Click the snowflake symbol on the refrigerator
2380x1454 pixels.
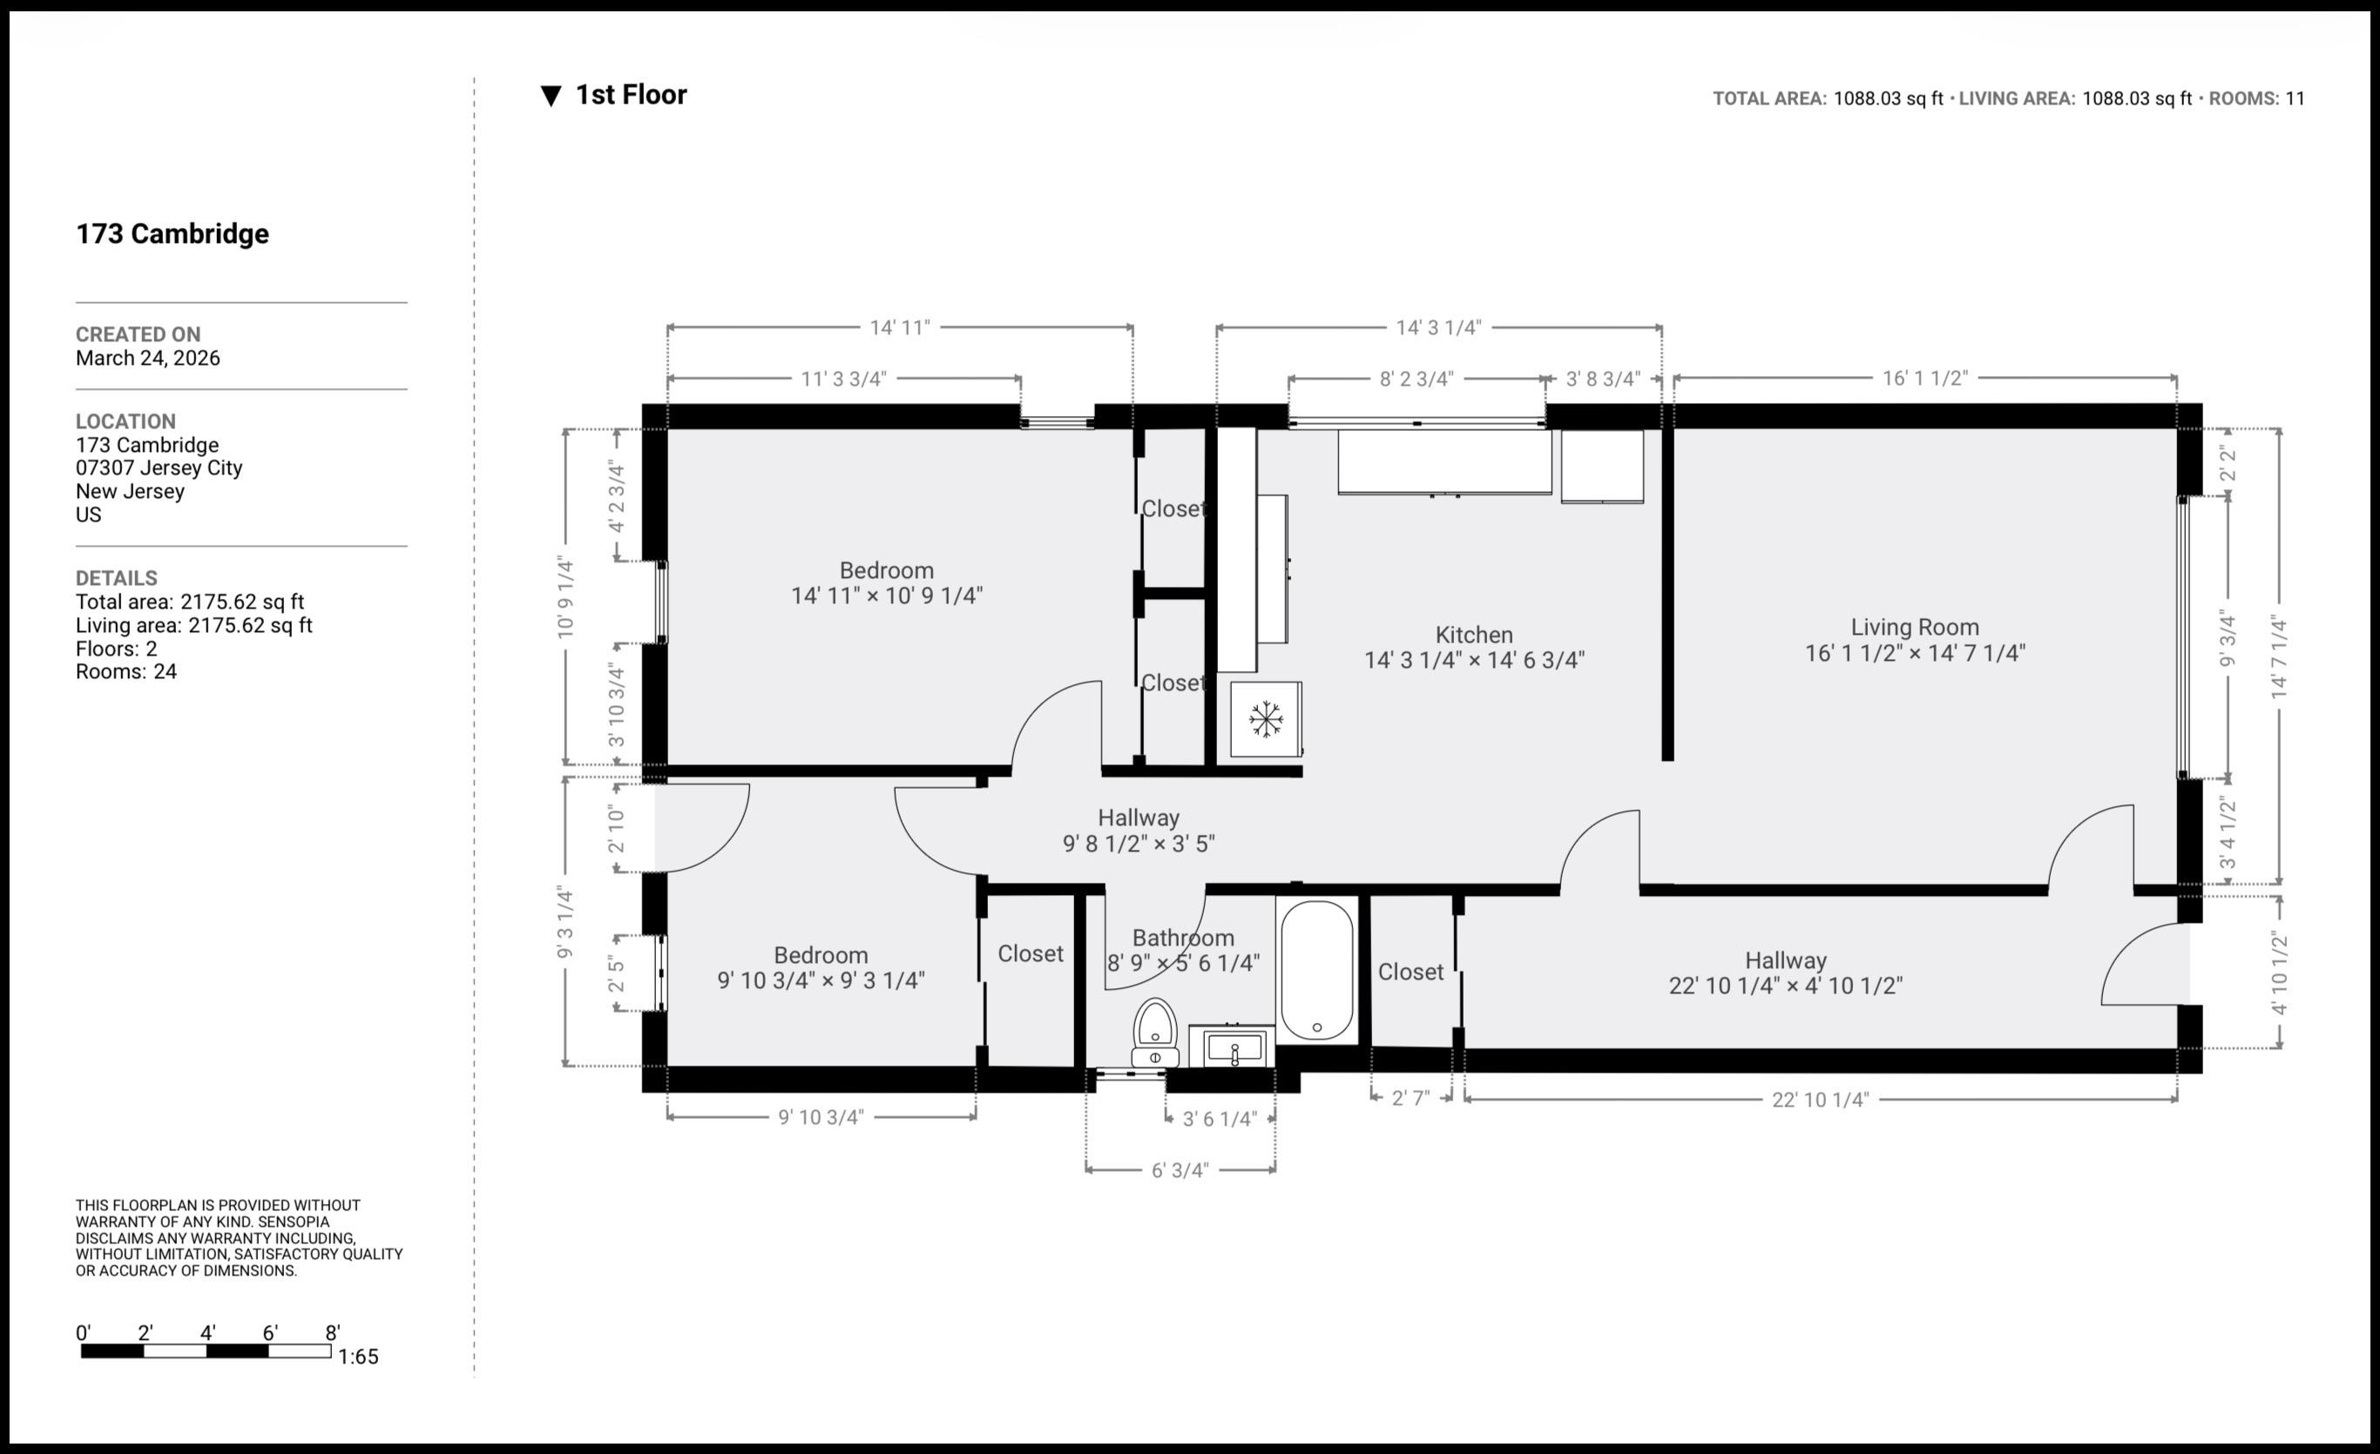pyautogui.click(x=1265, y=719)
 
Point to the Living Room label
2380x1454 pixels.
pyautogui.click(x=1915, y=627)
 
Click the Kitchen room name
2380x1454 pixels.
pyautogui.click(x=1474, y=635)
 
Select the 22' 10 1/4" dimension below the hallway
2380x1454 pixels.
pyautogui.click(x=1820, y=1099)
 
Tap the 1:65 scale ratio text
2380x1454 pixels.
pyautogui.click(x=358, y=1356)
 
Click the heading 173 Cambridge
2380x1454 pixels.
pyautogui.click(x=172, y=233)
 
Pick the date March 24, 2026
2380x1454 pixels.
pyautogui.click(x=148, y=358)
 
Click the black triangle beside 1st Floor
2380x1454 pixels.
pyautogui.click(x=551, y=96)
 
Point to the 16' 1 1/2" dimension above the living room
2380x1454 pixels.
pyautogui.click(x=1924, y=379)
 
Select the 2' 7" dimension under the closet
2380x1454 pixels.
pyautogui.click(x=1410, y=1098)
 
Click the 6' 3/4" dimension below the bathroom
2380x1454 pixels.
pyautogui.click(x=1180, y=1170)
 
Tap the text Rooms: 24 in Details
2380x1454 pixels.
pyautogui.click(x=126, y=671)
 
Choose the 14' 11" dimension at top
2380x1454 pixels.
pyautogui.click(x=899, y=327)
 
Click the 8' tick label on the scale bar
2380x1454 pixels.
pyautogui.click(x=332, y=1332)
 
